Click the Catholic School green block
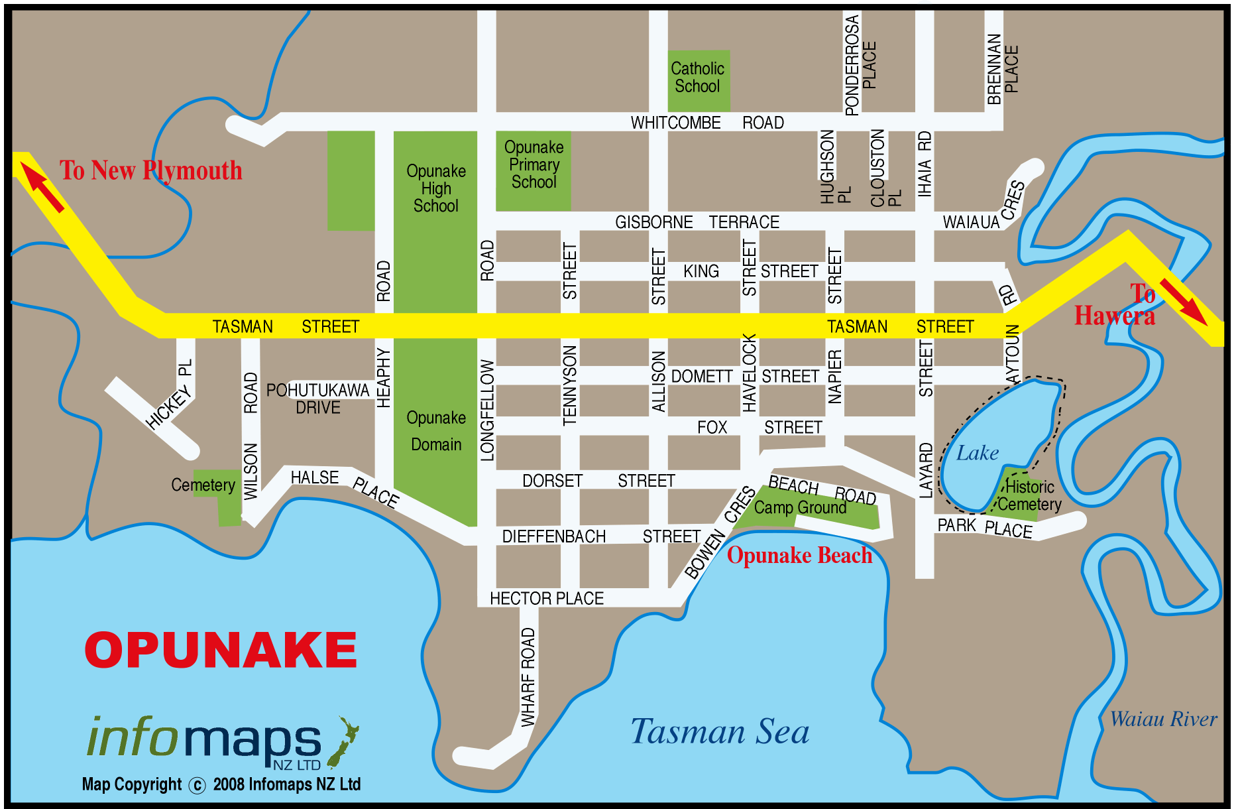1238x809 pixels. [698, 80]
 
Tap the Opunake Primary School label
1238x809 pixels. [534, 164]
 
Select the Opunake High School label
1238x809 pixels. [435, 188]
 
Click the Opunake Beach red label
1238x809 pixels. [799, 556]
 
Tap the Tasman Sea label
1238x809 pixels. [720, 732]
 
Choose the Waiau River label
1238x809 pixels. [1163, 719]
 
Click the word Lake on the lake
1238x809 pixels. [977, 454]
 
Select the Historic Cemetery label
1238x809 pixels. [1029, 495]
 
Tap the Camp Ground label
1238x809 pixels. [800, 508]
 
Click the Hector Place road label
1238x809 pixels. [547, 599]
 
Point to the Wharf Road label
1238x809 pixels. [528, 676]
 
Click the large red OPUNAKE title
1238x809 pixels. [221, 650]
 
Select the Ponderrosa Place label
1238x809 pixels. [860, 65]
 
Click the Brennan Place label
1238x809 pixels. [1001, 69]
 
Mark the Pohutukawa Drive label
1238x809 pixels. [317, 399]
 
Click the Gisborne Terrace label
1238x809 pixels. [697, 222]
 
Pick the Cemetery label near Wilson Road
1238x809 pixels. [203, 485]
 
